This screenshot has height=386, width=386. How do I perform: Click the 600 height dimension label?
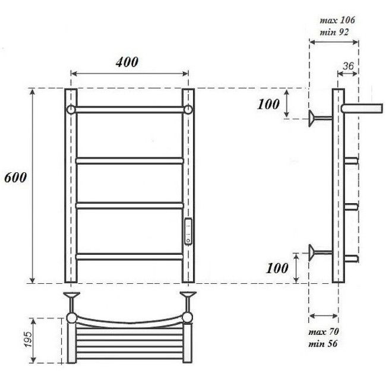[x=15, y=178]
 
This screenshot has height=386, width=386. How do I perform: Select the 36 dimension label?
[x=348, y=67]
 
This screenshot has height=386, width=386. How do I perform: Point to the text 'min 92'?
[x=334, y=33]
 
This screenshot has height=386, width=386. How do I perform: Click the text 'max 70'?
[x=324, y=331]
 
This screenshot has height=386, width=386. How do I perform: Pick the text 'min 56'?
[x=324, y=344]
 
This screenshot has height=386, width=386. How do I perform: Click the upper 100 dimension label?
[x=268, y=104]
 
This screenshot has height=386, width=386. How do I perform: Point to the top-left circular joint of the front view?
[x=71, y=110]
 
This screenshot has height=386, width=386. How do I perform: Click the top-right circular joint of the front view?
[x=188, y=110]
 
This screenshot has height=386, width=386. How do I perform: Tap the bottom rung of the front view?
[x=129, y=257]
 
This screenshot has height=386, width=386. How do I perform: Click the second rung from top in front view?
[x=129, y=160]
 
